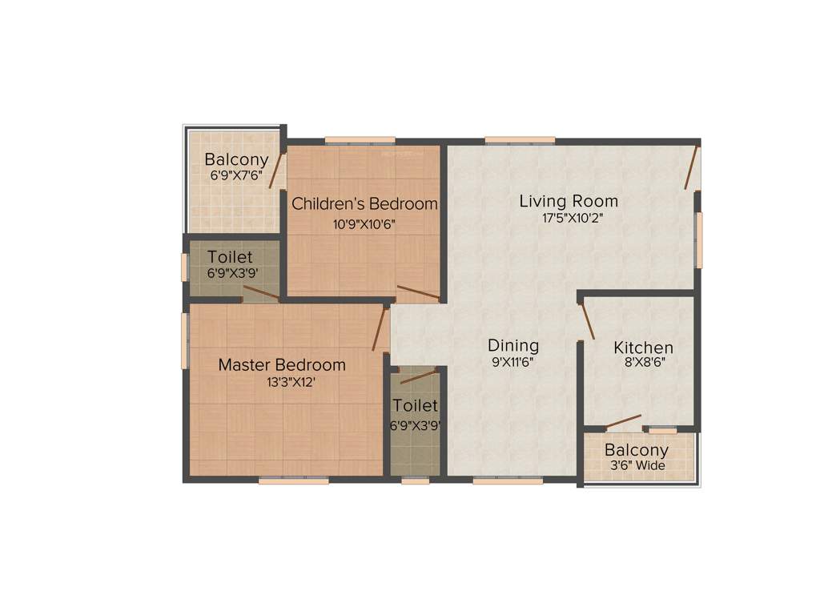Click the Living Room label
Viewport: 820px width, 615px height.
click(569, 201)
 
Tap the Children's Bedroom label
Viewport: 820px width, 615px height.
click(364, 204)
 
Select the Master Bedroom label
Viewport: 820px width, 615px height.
click(282, 365)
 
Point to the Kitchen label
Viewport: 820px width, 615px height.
click(643, 348)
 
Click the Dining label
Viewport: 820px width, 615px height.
click(513, 346)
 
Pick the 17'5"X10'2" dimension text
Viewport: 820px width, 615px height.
click(571, 217)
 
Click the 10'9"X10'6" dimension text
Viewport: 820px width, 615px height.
click(364, 224)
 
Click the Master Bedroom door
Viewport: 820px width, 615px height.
click(380, 328)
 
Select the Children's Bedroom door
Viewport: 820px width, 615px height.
click(418, 292)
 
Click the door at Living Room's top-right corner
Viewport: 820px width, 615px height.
click(692, 168)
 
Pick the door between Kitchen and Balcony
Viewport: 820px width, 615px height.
click(623, 421)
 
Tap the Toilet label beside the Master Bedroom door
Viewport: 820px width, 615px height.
click(415, 406)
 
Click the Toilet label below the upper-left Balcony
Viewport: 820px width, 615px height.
click(230, 257)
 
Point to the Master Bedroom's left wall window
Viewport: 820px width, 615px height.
click(186, 340)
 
